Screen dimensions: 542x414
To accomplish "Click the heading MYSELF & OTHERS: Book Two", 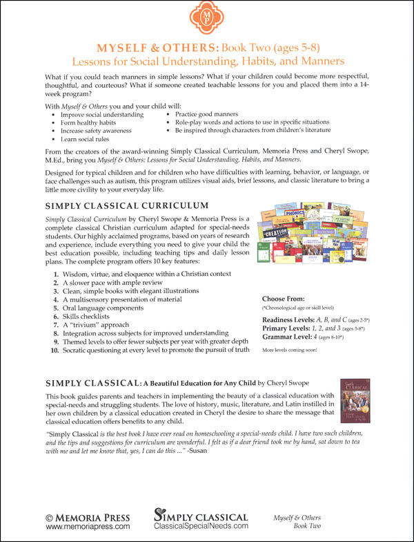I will (206, 48).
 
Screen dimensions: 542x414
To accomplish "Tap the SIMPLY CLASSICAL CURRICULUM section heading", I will (126, 205).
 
